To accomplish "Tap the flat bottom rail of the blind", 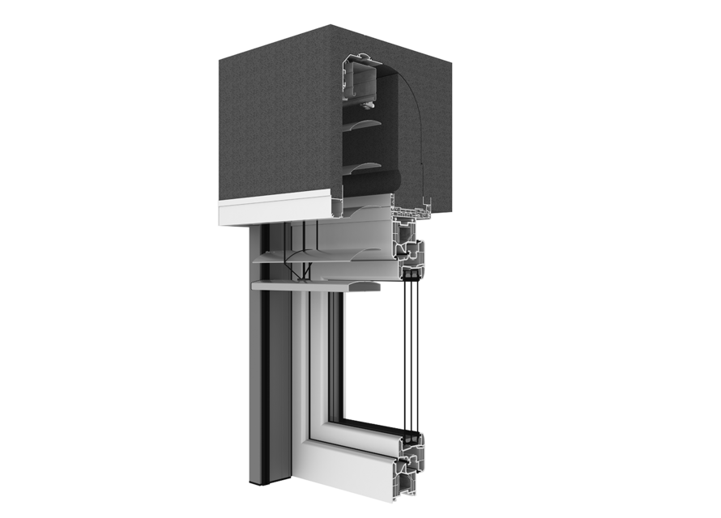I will coord(316,286).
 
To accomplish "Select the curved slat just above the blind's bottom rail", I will coord(324,261).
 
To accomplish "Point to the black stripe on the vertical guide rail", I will coord(266,364).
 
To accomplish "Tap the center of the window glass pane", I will coord(377,356).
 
